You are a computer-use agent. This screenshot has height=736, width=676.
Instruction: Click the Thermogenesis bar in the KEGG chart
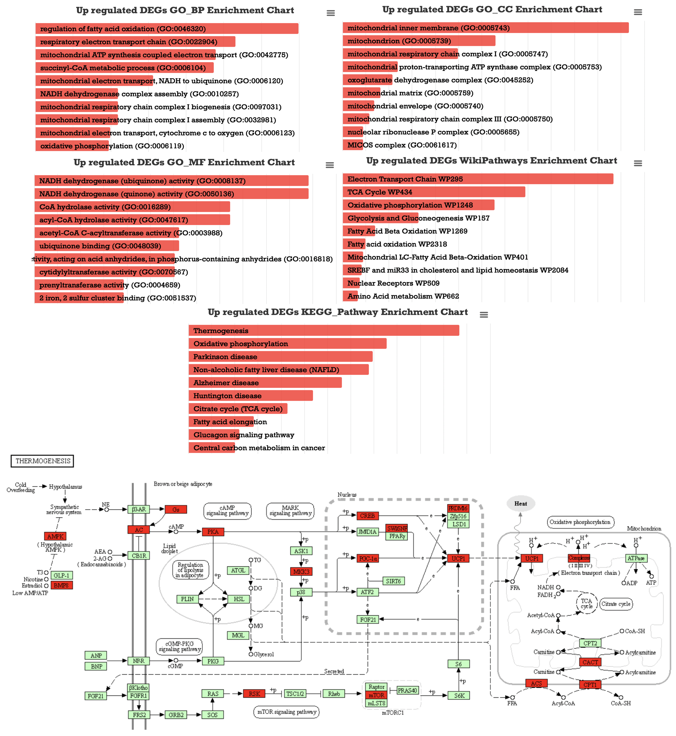pyautogui.click(x=324, y=331)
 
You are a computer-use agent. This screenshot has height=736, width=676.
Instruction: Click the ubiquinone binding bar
pyautogui.click(x=107, y=246)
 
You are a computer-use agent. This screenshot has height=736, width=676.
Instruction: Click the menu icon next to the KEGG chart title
pyautogui.click(x=484, y=315)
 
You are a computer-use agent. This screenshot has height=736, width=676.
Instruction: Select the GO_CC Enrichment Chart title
pyautogui.click(x=492, y=10)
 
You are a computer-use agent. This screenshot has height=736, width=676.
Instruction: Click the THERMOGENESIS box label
pyautogui.click(x=42, y=461)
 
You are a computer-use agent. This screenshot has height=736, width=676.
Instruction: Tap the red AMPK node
pyautogui.click(x=55, y=536)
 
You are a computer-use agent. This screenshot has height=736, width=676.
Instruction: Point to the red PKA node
pyautogui.click(x=213, y=532)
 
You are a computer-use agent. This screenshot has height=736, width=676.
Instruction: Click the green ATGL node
pyautogui.click(x=238, y=570)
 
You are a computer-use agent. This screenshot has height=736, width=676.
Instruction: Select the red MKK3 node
pyautogui.click(x=301, y=572)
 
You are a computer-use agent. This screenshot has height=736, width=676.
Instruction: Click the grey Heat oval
pyautogui.click(x=521, y=504)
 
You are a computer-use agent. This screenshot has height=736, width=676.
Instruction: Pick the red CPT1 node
pyautogui.click(x=590, y=685)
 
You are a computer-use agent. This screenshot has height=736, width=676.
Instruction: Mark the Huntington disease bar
pyautogui.click(x=251, y=396)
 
